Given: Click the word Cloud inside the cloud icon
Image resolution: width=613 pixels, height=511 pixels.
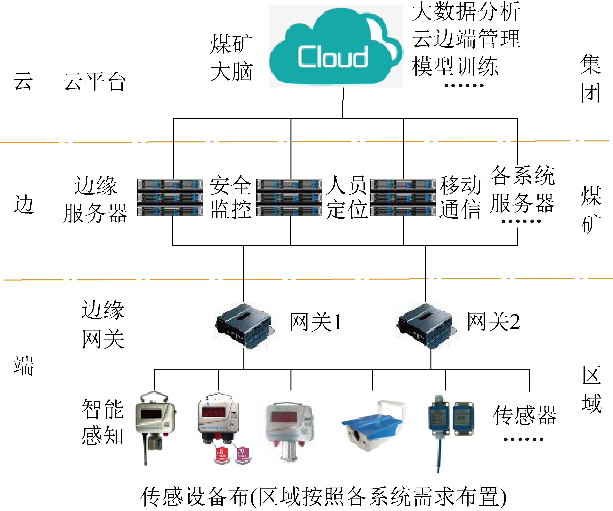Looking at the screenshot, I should [333, 57].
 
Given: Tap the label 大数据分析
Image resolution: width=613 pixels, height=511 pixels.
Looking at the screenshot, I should [466, 12].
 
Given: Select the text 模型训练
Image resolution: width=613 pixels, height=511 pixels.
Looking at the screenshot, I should [455, 67].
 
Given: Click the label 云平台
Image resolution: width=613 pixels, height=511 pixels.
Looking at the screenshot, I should [95, 81].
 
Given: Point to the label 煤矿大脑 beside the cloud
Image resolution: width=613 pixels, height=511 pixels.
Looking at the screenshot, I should [231, 57].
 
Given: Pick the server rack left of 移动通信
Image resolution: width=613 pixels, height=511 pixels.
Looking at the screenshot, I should [403, 198].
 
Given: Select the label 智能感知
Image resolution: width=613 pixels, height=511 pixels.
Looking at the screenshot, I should [103, 422].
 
